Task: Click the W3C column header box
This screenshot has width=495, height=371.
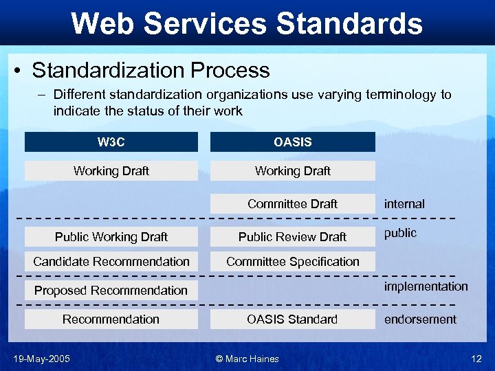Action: pyautogui.click(x=111, y=142)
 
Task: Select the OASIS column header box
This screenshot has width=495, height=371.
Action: pyautogui.click(x=292, y=142)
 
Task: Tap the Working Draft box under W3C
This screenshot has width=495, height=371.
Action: pyautogui.click(x=111, y=170)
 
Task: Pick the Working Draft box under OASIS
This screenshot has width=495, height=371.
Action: pyautogui.click(x=292, y=170)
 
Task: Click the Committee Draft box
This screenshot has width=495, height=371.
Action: pyautogui.click(x=292, y=203)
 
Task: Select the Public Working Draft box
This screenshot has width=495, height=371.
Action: pyautogui.click(x=111, y=236)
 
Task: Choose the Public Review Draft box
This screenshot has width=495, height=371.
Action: pyautogui.click(x=292, y=236)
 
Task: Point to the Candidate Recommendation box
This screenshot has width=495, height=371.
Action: pyautogui.click(x=111, y=261)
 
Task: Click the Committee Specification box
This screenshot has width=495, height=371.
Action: pyautogui.click(x=292, y=261)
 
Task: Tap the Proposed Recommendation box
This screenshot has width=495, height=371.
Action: pyautogui.click(x=111, y=290)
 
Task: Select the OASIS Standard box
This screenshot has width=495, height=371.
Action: pyautogui.click(x=292, y=319)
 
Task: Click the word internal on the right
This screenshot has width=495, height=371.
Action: pyautogui.click(x=404, y=203)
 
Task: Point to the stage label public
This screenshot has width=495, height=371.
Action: pyautogui.click(x=400, y=233)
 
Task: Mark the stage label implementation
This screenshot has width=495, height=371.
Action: pyautogui.click(x=426, y=286)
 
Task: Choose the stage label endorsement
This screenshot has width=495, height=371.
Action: pyautogui.click(x=420, y=319)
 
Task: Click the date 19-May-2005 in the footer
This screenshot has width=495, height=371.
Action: pyautogui.click(x=41, y=359)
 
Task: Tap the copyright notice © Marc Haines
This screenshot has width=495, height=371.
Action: pyautogui.click(x=247, y=359)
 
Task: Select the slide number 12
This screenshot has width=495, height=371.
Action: pyautogui.click(x=476, y=359)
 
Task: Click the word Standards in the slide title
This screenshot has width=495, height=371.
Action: pyautogui.click(x=349, y=23)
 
